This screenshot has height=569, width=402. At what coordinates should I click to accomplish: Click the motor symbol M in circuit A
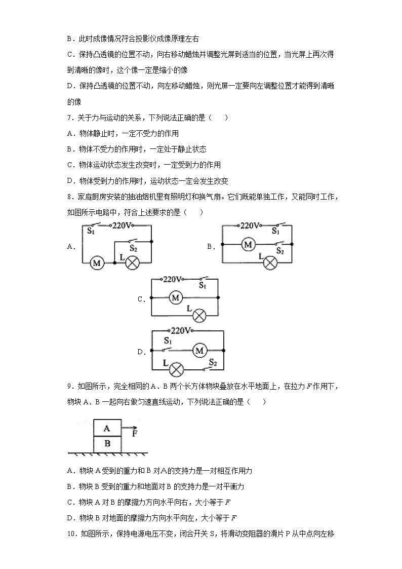tap(97, 262)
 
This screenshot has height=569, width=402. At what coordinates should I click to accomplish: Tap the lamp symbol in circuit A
tap(132, 262)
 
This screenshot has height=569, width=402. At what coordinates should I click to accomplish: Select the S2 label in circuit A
tap(134, 248)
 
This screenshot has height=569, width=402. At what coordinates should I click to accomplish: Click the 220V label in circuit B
tap(250, 225)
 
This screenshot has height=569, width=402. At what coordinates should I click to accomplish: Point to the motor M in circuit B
tap(248, 245)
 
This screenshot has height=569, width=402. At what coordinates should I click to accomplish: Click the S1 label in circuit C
tap(202, 286)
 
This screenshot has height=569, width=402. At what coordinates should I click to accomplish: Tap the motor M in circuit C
tap(176, 297)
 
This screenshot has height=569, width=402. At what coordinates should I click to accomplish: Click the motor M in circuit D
tap(199, 350)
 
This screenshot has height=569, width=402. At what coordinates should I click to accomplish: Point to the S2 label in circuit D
tap(213, 363)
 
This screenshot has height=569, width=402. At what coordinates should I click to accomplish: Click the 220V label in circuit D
tap(181, 331)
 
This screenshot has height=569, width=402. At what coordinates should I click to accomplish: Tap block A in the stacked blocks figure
tap(107, 428)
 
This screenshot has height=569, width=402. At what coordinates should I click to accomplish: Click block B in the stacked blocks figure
tap(107, 444)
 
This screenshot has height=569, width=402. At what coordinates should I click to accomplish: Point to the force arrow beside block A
tap(130, 428)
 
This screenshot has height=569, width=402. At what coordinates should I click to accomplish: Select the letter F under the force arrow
tap(135, 434)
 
